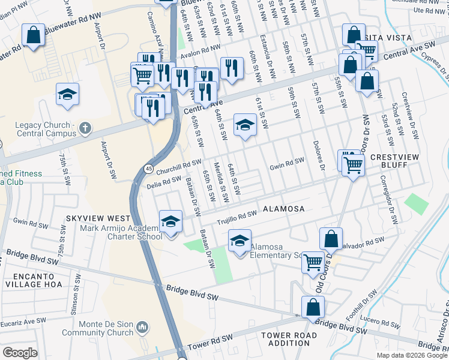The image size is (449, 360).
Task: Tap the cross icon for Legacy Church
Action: (x=85, y=127)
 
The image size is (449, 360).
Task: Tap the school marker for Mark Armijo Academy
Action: (x=171, y=222)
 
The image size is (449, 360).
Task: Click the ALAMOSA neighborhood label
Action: (x=283, y=209)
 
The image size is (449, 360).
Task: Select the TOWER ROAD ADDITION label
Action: (x=285, y=339)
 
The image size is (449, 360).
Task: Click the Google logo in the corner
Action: (x=20, y=353)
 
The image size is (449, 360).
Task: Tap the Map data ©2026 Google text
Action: (x=411, y=355)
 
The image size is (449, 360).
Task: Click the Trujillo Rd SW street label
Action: (x=237, y=217)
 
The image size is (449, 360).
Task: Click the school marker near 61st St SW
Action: (x=244, y=125)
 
